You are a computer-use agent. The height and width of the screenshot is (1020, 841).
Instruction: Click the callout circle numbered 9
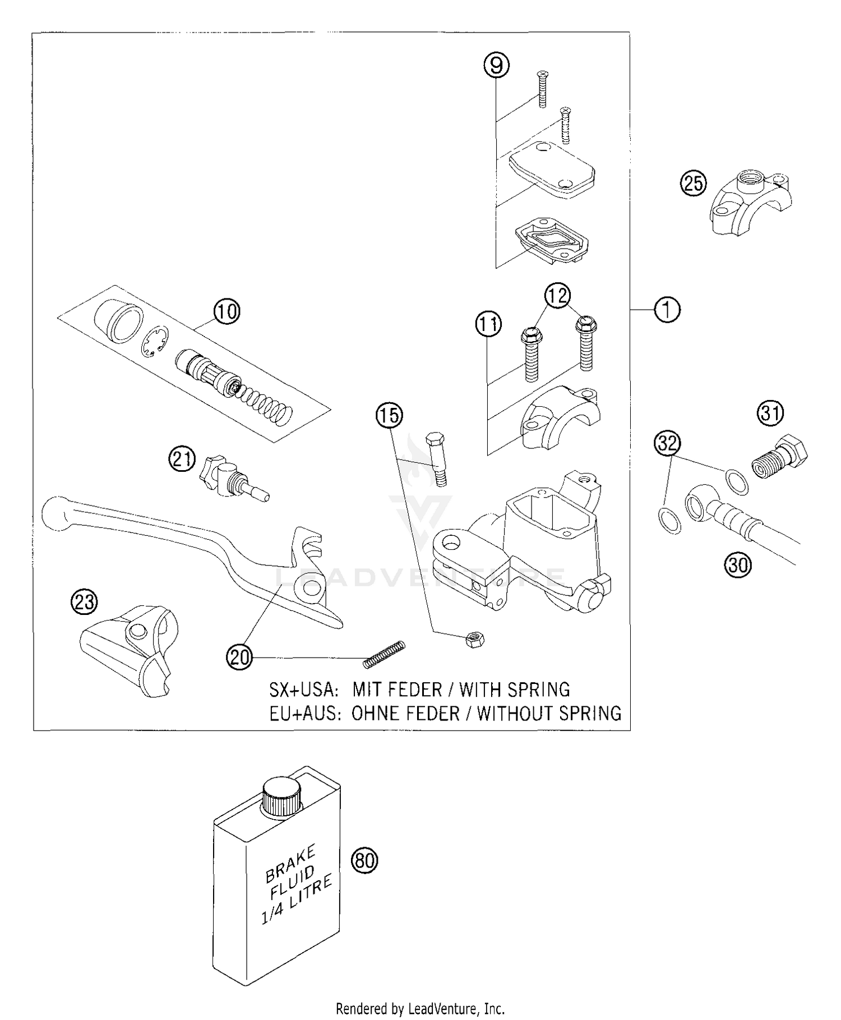point(496,66)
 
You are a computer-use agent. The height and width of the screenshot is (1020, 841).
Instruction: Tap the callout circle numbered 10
point(227,311)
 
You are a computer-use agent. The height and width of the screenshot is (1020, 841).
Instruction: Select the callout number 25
point(694,183)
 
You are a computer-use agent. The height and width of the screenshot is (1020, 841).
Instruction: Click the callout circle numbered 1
point(667,309)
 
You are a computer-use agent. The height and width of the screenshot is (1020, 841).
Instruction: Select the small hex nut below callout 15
point(475,639)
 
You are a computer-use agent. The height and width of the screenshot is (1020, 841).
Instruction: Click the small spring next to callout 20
point(384,654)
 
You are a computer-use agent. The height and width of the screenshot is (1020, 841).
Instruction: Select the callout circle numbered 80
point(364,860)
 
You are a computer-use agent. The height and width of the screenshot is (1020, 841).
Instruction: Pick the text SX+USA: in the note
point(303,689)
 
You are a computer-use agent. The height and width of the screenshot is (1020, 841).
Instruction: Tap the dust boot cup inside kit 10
point(115,321)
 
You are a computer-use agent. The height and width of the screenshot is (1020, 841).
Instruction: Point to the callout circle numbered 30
point(738,564)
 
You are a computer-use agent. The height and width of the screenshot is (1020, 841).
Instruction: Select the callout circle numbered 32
point(667,444)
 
